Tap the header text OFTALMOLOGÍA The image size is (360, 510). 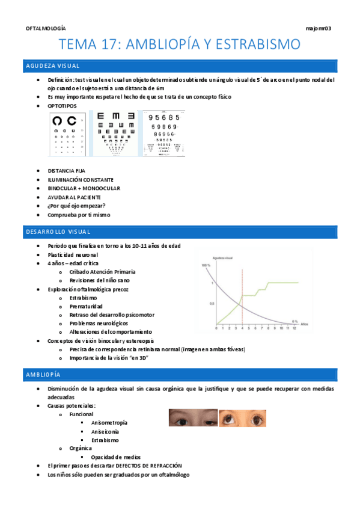[46, 28]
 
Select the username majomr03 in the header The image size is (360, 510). [319, 28]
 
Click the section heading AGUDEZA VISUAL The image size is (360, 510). [53, 66]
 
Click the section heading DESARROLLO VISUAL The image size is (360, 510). [58, 231]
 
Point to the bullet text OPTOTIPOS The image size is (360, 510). [62, 105]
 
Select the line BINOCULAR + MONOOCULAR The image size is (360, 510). [84, 188]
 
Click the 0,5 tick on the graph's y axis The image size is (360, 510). [211, 304]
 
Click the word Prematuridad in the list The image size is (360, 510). [87, 306]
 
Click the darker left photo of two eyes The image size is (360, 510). [192, 418]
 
